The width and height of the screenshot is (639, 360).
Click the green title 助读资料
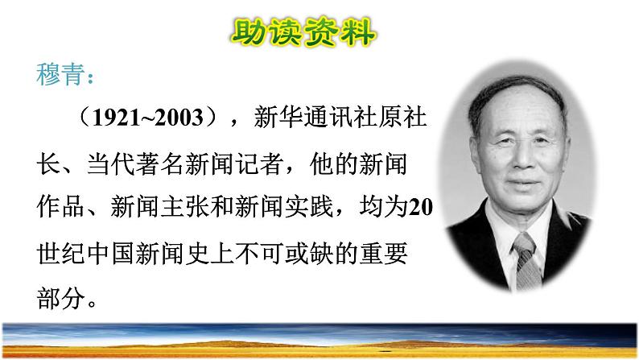(303, 32)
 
